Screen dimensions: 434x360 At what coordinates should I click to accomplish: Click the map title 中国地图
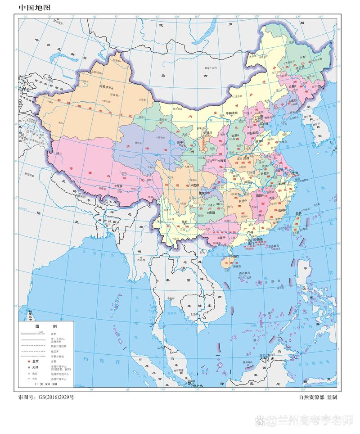[34, 8]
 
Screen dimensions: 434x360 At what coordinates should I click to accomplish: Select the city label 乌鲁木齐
[102, 88]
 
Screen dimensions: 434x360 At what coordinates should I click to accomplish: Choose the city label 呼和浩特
[230, 113]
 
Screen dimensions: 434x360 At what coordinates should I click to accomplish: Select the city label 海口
[235, 256]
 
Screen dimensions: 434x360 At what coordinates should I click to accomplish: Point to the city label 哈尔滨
[300, 67]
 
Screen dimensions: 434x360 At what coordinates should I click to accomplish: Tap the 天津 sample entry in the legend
[36, 368]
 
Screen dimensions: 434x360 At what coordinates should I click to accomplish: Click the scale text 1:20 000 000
[45, 384]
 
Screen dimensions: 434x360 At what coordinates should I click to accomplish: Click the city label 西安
[222, 160]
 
